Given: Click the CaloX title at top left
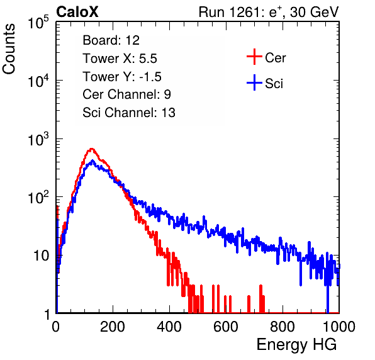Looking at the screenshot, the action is click(x=77, y=12).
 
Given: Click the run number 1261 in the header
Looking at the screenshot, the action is click(x=243, y=12).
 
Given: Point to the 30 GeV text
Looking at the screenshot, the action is click(x=314, y=13).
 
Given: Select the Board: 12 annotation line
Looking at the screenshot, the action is click(x=111, y=40).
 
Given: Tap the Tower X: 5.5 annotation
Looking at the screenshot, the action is click(x=120, y=59).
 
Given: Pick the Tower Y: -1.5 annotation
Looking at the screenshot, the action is click(x=122, y=77).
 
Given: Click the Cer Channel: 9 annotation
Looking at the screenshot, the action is click(x=126, y=94).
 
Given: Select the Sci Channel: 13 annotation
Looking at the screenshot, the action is click(x=129, y=113).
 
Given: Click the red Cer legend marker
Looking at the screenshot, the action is click(x=254, y=57).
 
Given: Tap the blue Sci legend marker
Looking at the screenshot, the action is click(x=254, y=82).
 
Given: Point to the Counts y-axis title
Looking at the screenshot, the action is click(x=9, y=49).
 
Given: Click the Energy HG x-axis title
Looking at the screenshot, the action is click(x=296, y=345).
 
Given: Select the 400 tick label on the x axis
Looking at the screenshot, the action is click(x=169, y=327).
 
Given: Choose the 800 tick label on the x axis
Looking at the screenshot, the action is click(x=283, y=327).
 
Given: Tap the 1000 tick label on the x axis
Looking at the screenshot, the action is click(x=339, y=327).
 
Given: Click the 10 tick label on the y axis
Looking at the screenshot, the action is click(x=42, y=256).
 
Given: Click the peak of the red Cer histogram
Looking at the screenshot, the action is click(x=91, y=149).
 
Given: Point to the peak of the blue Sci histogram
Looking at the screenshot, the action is click(x=92, y=160).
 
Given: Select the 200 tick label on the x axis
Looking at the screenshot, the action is click(x=113, y=327).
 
